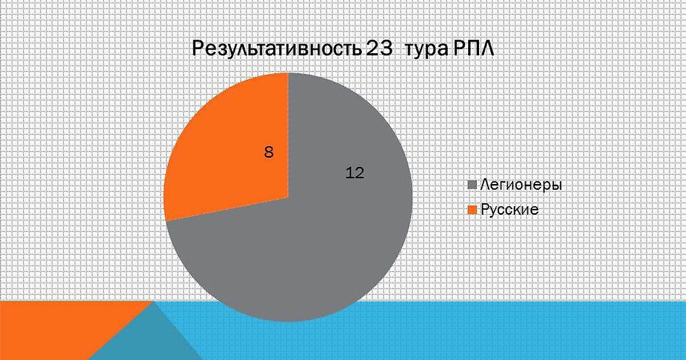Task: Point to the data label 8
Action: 269,152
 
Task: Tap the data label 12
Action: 354,173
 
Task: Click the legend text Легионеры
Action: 521,185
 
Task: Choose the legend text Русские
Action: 509,210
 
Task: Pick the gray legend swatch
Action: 473,185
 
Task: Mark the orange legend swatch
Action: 473,210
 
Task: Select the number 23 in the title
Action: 379,49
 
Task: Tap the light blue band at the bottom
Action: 429,334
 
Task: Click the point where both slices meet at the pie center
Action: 288,198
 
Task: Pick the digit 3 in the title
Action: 386,49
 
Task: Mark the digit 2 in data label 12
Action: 360,173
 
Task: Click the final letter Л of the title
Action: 487,49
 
